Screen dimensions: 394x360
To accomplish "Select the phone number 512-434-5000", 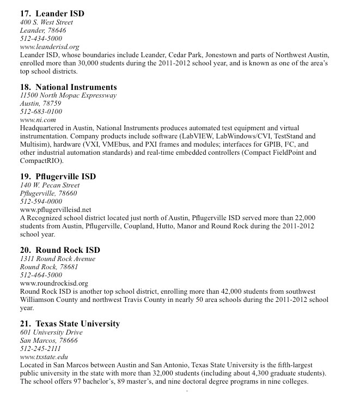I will pos(41,39).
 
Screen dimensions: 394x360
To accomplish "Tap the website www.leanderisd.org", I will pos(50,47).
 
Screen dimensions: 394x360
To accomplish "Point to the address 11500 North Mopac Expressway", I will pos(68,95).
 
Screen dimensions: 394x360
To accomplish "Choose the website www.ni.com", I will pos(38,120).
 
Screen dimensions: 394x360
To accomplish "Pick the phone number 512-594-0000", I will pos(41,201).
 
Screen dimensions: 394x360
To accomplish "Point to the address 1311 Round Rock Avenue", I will pos(58,259).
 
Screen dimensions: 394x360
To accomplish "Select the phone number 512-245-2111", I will pos(40,348).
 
